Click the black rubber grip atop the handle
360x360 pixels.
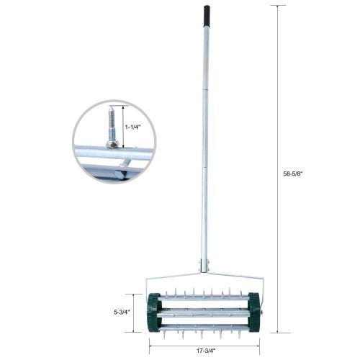point(206,14)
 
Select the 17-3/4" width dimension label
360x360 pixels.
point(207,351)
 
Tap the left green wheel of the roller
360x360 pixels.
point(153,312)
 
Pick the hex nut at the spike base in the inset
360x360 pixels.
point(112,144)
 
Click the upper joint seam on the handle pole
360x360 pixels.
point(206,90)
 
